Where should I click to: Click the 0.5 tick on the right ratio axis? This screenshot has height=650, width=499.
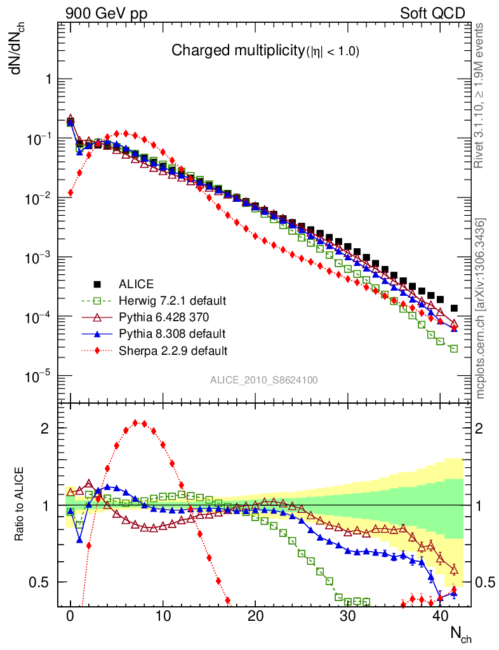coord(486,583)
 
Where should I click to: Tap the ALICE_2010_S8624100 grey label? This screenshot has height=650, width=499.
coord(264,380)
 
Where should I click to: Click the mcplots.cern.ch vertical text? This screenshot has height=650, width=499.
coord(481,308)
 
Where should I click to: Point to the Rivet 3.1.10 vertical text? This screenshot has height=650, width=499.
coord(481,95)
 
